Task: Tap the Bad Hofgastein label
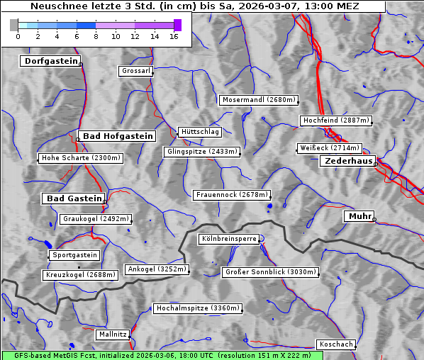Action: (117, 136)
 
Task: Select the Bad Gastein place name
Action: (74, 198)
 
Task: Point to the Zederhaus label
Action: (348, 162)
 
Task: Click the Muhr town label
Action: (359, 216)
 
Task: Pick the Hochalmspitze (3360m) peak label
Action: (198, 308)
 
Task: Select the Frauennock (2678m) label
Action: (232, 194)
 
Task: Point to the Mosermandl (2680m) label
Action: (259, 100)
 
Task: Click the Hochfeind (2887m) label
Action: (335, 120)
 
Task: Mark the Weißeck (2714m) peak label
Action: (329, 148)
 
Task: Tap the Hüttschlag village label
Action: (200, 132)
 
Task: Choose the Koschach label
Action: (335, 344)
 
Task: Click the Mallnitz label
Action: (113, 334)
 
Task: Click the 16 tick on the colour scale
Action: (173, 35)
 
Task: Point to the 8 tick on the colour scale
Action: (96, 35)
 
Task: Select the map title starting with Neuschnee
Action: (194, 6)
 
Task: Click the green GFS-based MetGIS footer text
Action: (156, 355)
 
